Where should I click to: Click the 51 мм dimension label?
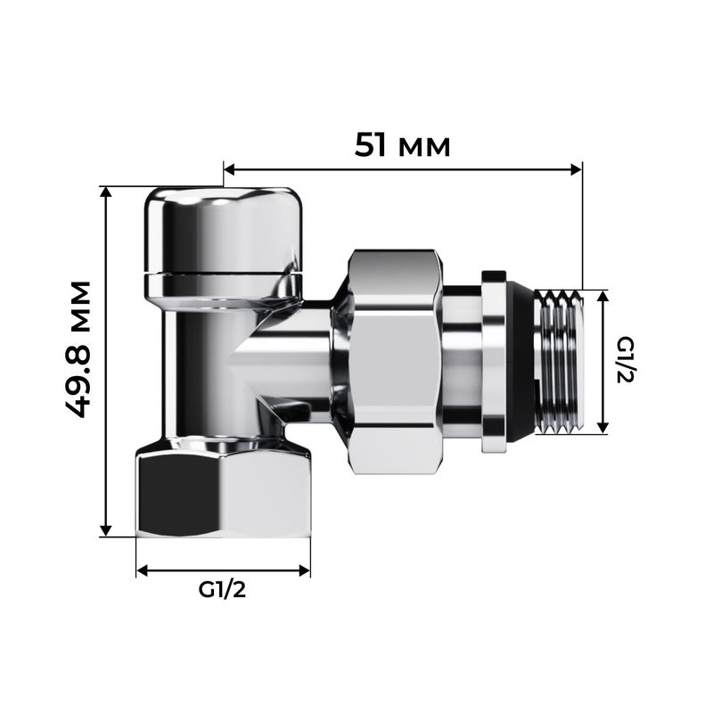click(x=403, y=143)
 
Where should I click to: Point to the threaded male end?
click(x=561, y=360)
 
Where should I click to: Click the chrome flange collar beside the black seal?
click(x=491, y=360)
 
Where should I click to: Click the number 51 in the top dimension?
click(x=373, y=143)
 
